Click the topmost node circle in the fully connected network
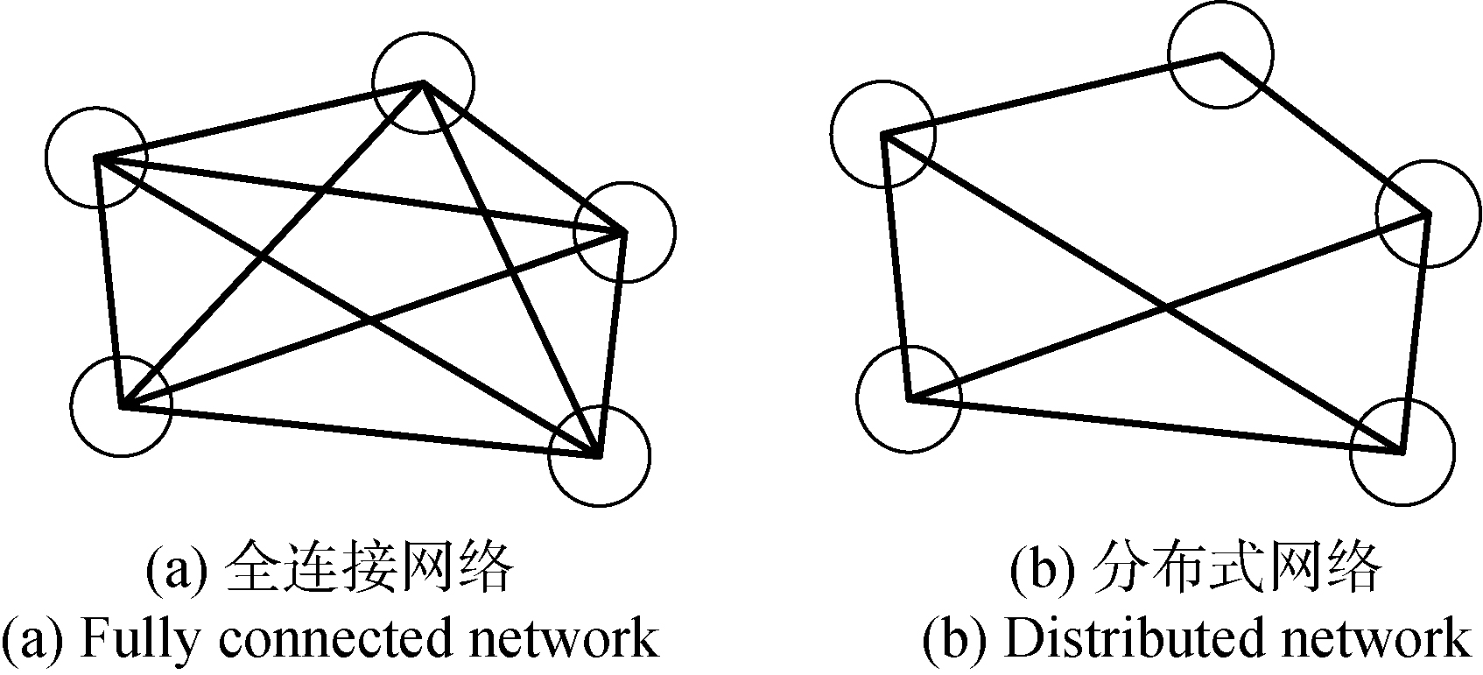423,83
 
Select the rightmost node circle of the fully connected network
624,232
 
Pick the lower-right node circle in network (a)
599,455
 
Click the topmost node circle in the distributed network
1220,55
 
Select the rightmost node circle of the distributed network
1428,213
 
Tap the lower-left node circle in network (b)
909,398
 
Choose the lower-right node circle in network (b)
1402,453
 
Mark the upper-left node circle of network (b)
883,135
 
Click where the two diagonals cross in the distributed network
1167,306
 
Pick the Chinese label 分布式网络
1237,570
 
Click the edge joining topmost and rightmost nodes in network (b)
1324,134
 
